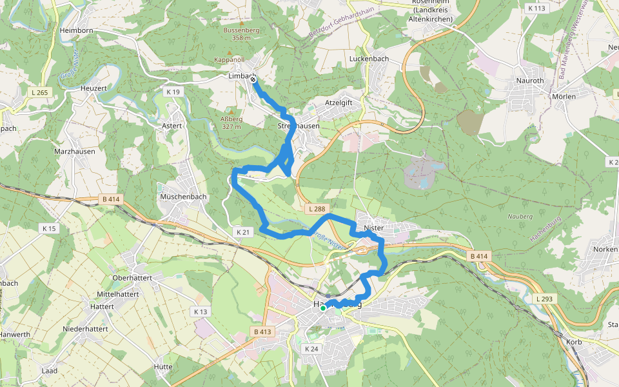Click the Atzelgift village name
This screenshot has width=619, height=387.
(339, 103)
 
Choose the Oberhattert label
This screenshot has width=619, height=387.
(132, 277)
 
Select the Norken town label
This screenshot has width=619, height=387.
(605, 248)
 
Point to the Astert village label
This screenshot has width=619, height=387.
(172, 126)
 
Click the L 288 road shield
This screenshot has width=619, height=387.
(317, 209)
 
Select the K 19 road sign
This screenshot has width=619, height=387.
(173, 92)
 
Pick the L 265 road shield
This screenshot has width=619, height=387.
(39, 93)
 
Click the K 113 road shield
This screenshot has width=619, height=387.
(536, 8)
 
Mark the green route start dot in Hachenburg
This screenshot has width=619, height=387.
(323, 308)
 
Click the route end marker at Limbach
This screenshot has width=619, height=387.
(253, 79)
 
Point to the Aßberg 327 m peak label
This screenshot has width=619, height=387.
(231, 123)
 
